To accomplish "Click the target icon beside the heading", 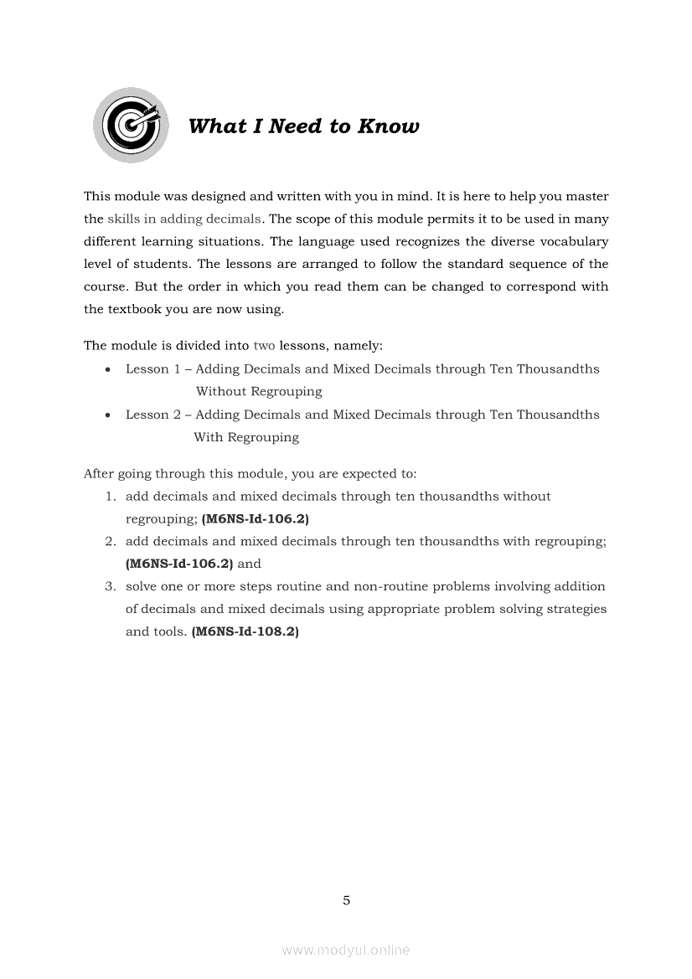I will [x=131, y=125].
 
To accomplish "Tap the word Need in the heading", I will [x=296, y=126].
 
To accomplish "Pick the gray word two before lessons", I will [x=264, y=345].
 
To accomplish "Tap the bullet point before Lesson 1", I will [x=109, y=369].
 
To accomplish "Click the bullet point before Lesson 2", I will [x=109, y=415].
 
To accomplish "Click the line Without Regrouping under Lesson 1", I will [x=259, y=391].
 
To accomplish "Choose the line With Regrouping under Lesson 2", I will [x=246, y=437].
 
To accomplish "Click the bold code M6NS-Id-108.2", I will [x=245, y=631].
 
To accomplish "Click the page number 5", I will [x=346, y=901].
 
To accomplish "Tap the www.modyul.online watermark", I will [x=346, y=950].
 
